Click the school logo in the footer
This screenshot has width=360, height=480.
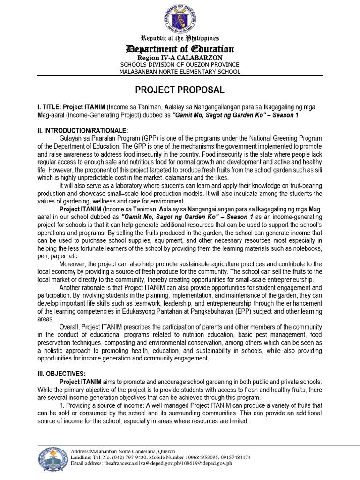(53, 459)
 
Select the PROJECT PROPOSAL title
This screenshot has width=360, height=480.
(180, 90)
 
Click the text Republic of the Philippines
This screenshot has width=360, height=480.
(180, 38)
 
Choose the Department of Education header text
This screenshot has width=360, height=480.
(180, 49)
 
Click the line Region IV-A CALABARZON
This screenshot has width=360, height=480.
(180, 57)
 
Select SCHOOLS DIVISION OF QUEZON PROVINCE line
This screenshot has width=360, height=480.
(180, 64)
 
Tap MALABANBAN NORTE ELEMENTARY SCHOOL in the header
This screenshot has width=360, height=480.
(180, 72)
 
